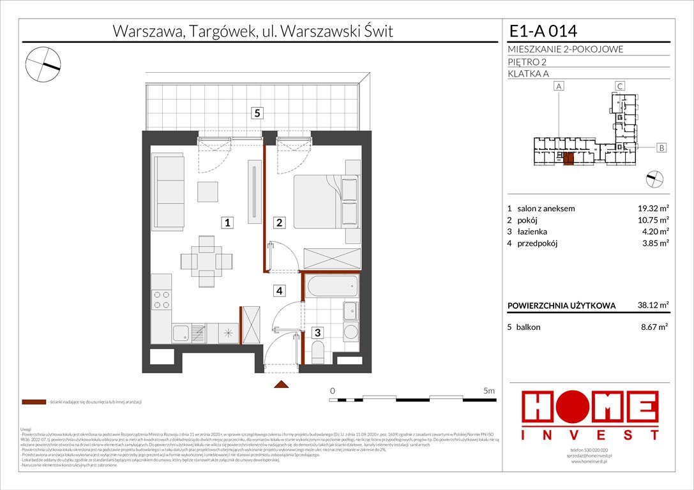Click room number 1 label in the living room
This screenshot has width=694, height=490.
click(x=227, y=223)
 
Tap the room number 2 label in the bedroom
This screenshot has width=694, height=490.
click(x=279, y=223)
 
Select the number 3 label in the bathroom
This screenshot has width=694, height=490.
click(x=317, y=332)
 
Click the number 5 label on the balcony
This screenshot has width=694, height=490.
click(x=257, y=113)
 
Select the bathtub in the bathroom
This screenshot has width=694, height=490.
click(x=331, y=286)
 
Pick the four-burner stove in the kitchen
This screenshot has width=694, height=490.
click(x=162, y=299)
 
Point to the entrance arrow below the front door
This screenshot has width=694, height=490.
click(x=280, y=384)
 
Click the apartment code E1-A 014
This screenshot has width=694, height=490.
click(x=543, y=31)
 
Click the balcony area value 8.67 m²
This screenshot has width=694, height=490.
click(x=654, y=327)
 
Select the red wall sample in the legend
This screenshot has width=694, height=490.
click(x=33, y=402)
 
